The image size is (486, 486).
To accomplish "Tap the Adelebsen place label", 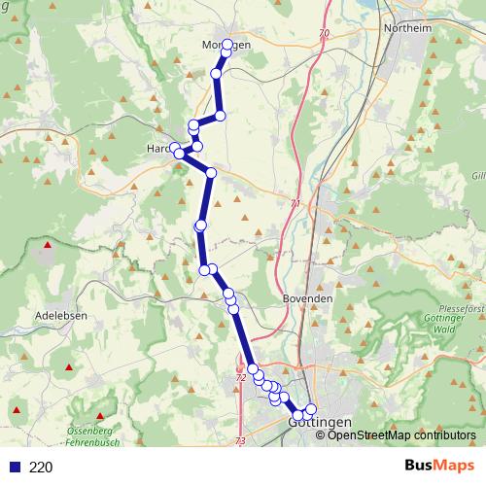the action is (x=61, y=316).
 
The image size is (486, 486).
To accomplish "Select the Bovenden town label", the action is (x=307, y=297).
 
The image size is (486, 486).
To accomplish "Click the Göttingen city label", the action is (x=320, y=424).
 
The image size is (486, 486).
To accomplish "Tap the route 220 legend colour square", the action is (x=12, y=467).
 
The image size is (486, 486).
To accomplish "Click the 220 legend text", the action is (x=41, y=467).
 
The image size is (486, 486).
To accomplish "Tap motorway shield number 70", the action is (x=324, y=34).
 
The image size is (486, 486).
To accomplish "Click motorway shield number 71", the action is (x=296, y=203).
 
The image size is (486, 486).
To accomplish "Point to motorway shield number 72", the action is (x=241, y=377).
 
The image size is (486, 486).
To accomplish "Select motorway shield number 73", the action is (x=240, y=441).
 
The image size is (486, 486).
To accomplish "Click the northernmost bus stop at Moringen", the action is (x=227, y=45).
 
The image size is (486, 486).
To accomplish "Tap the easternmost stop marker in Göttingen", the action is (x=311, y=409).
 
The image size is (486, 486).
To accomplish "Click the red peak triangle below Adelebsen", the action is (x=69, y=367).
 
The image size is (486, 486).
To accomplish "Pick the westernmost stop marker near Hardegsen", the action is (x=175, y=149).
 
